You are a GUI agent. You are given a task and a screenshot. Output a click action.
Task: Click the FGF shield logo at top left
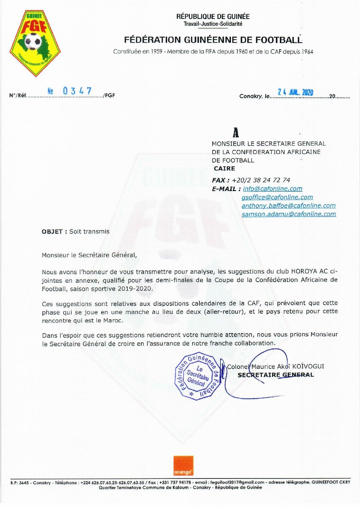pos(35,43)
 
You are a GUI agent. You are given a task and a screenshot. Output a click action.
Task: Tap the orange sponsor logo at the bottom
pos(183,466)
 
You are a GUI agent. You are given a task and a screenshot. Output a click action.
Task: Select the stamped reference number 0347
pos(77,91)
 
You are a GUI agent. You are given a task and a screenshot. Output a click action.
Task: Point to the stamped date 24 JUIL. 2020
pos(295,92)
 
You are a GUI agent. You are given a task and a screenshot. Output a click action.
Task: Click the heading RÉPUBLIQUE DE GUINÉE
pos(213,16)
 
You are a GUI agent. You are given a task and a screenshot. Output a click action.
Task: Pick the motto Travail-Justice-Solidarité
pos(213,24)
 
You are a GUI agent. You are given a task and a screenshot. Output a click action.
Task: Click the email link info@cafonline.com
pos(272,189)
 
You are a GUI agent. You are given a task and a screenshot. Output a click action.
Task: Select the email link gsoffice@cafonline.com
pos(277,197)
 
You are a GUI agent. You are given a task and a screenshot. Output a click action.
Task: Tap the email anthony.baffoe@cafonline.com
pos(288,206)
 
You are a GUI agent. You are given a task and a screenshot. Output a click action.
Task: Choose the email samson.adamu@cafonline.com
pos(289,214)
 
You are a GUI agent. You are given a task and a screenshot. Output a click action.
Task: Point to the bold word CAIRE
pos(224,168)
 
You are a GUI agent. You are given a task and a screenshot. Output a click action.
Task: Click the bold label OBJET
pos(52,231)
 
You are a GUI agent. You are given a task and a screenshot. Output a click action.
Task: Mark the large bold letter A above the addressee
pos(235,132)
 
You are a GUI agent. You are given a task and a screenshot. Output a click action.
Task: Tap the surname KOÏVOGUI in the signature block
pos(308,366)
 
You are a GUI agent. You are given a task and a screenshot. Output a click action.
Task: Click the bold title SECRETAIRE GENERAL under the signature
pos(275,375)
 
